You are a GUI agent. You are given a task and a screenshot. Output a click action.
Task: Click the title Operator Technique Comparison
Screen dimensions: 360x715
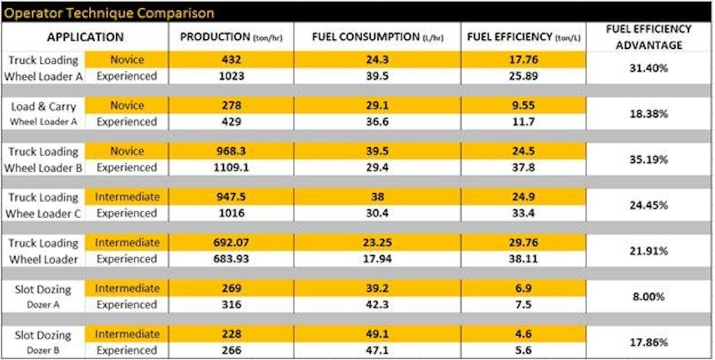click(x=110, y=13)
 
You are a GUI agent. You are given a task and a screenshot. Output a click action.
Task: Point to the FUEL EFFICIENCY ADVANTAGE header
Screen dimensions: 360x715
click(x=649, y=37)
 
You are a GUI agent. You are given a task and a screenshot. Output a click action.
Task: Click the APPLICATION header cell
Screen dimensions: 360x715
click(x=85, y=37)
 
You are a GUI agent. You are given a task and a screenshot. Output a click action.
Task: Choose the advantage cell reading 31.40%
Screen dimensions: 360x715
click(x=649, y=68)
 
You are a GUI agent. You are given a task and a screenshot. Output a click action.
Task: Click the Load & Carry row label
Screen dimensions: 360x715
click(x=43, y=107)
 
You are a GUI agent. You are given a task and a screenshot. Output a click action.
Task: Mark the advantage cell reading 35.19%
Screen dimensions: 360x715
click(x=649, y=160)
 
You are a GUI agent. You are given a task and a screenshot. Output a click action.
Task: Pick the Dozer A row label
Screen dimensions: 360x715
click(x=43, y=305)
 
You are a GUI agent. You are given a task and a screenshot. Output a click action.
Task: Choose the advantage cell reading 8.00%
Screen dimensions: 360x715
click(x=649, y=297)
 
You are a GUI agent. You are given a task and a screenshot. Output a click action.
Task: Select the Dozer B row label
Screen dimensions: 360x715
click(x=43, y=350)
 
